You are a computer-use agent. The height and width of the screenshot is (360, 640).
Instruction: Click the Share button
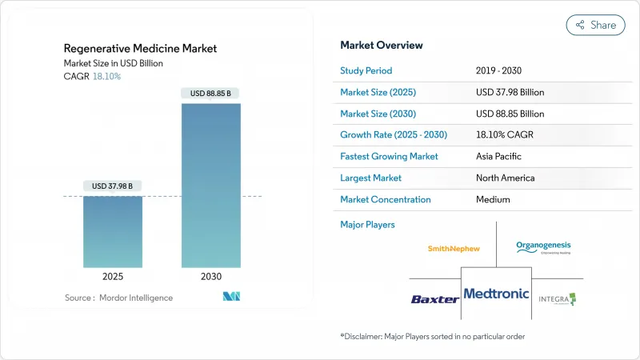point(596,25)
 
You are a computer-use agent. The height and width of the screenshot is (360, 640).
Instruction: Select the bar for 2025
point(113,231)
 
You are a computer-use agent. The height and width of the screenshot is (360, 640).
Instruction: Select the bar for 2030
point(210,185)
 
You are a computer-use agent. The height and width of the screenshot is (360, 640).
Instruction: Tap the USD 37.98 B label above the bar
point(113,186)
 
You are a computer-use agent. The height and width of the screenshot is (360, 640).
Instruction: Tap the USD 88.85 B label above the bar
point(210,94)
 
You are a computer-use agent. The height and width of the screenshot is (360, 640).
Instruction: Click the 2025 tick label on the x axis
point(113,277)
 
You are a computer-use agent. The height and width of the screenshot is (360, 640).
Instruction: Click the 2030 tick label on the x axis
point(210,277)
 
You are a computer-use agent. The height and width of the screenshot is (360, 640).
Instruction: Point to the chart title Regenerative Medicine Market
point(141,49)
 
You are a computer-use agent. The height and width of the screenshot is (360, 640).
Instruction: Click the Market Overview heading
point(382,46)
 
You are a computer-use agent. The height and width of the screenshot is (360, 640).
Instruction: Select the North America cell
point(505,178)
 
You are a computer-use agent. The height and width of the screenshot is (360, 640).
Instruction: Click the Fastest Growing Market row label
point(390,156)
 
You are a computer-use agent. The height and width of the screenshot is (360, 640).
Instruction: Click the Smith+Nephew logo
point(454,248)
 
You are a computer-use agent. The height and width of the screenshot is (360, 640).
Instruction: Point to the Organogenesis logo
point(544,247)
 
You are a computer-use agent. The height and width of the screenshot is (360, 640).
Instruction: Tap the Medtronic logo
point(496,294)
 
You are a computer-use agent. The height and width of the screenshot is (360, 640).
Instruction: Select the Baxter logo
point(434,298)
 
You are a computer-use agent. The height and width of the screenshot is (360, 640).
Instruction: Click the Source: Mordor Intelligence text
point(118,298)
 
